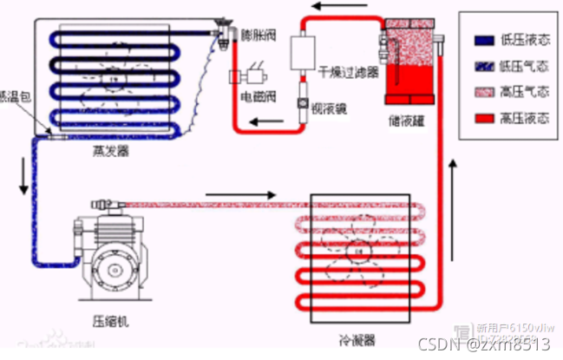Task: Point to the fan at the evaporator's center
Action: (x=113, y=81)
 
